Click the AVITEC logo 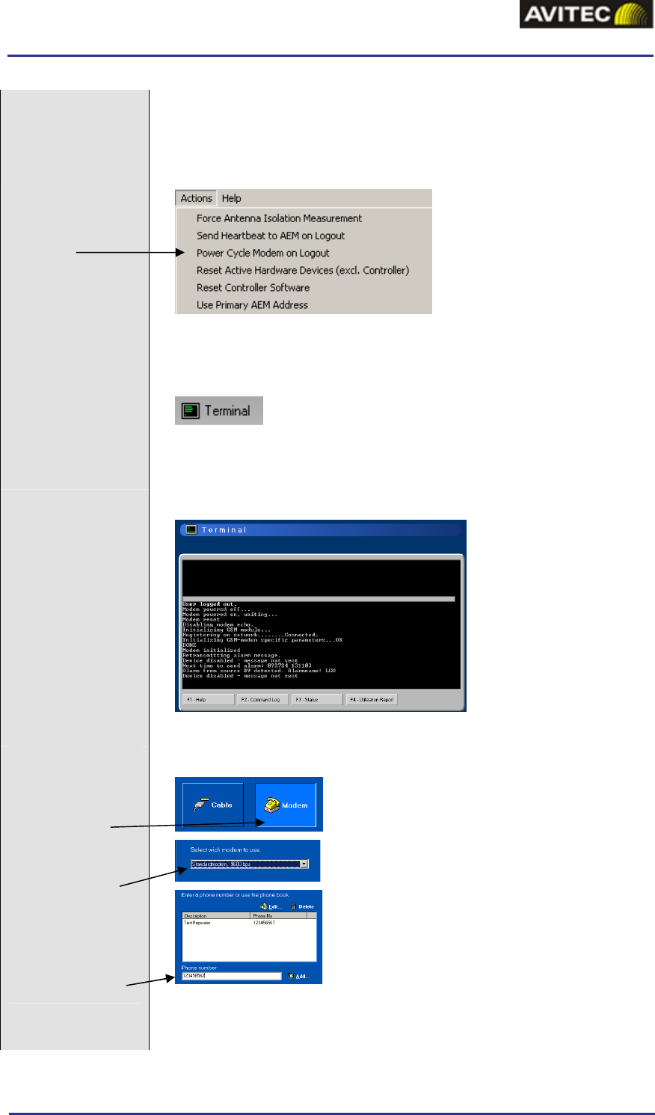point(586,15)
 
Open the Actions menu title point(196,198)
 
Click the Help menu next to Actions point(231,198)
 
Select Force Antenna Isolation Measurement point(279,218)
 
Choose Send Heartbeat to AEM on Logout point(271,236)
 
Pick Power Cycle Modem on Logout point(262,253)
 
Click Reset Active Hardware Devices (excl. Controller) point(302,270)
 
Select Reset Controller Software point(253,287)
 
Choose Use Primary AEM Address point(252,304)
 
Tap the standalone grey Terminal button point(219,411)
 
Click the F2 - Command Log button point(262,700)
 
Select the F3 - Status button point(316,700)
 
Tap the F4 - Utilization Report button point(372,700)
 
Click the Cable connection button point(213,805)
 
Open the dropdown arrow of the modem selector point(304,864)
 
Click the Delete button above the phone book point(303,906)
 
